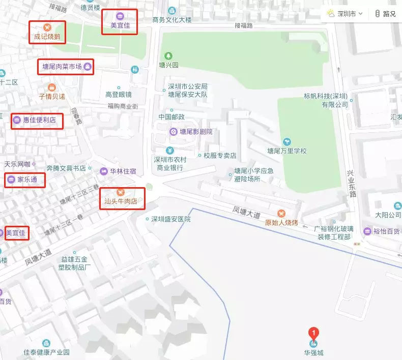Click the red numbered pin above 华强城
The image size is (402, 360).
pos(314,334)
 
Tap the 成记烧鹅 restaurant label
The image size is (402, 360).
pos(47,36)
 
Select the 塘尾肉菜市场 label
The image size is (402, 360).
pos(62,66)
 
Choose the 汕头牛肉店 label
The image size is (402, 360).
pos(121,201)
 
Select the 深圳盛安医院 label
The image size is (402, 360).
pos(170,219)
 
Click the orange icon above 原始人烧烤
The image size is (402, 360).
pos(281,213)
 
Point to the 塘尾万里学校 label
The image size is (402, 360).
pos(287,151)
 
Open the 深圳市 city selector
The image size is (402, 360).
pos(346,14)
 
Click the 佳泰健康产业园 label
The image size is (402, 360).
pos(46,352)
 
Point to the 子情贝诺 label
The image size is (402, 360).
pos(52,96)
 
